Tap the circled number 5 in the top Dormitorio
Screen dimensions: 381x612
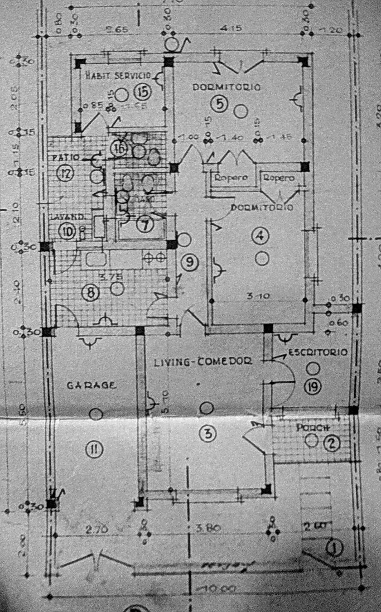click(219, 105)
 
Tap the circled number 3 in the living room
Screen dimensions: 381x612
click(207, 434)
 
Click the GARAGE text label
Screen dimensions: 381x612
click(92, 386)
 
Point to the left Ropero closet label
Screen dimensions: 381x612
click(231, 178)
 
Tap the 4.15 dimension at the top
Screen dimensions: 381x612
click(231, 29)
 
